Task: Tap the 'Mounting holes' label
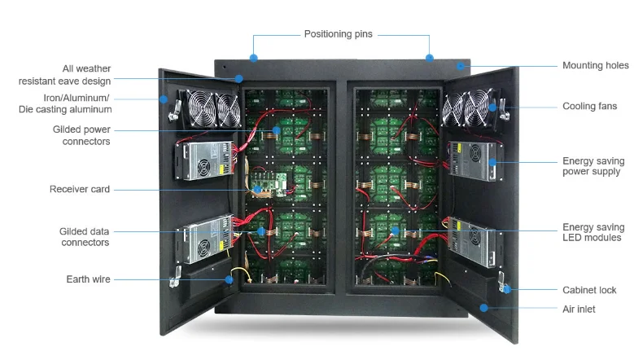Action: pos(594,65)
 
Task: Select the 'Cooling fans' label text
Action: pos(589,107)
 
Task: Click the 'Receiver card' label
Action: pos(80,190)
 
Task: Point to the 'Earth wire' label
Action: pos(88,279)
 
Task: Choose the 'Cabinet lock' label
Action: pos(589,290)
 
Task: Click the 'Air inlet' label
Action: pos(579,310)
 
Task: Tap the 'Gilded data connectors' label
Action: pos(84,237)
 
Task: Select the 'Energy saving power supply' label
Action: pos(592,167)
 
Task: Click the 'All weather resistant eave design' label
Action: pos(65,75)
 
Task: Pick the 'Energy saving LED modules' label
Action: pos(593,233)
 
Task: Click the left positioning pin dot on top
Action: pos(254,58)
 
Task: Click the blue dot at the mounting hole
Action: pos(460,65)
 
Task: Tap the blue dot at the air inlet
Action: pos(483,308)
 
